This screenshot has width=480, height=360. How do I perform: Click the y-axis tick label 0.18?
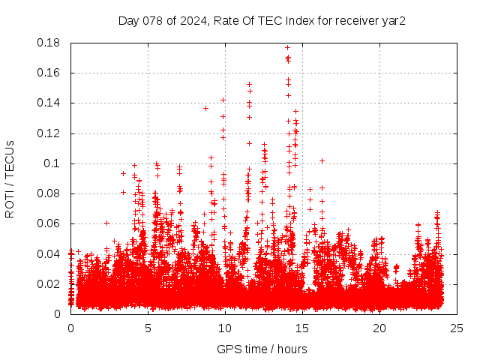51,43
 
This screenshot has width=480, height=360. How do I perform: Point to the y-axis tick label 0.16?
51,73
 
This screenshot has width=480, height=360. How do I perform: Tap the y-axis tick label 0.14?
51,103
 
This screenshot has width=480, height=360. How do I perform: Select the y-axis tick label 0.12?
51,133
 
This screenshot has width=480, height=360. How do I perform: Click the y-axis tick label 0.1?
55,163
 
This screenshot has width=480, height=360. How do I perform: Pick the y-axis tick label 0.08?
51,193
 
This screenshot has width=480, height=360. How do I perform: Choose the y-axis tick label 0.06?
51,223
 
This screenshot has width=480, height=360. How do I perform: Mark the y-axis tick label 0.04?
51,253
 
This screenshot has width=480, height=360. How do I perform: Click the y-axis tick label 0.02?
51,283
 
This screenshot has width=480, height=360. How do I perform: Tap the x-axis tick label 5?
148,328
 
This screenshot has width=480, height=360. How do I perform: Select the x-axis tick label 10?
225,328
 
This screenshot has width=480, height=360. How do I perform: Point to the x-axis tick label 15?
302,328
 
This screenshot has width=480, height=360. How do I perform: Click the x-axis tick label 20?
379,328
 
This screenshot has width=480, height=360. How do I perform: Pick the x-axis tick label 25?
457,328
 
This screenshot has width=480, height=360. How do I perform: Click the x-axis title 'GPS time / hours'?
262,349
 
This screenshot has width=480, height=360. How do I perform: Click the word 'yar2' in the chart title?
394,20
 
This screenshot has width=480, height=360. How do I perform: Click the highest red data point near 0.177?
287,47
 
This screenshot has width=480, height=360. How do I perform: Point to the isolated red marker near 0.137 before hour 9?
205,108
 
